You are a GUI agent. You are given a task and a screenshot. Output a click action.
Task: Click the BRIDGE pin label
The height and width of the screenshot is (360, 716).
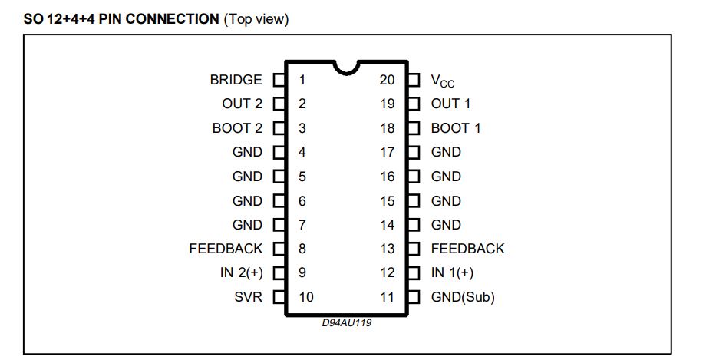pyautogui.click(x=236, y=80)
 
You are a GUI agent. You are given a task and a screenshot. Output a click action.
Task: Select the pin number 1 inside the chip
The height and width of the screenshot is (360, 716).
pyautogui.click(x=302, y=80)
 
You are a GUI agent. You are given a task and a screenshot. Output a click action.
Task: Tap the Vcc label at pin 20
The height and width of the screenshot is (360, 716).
pyautogui.click(x=443, y=81)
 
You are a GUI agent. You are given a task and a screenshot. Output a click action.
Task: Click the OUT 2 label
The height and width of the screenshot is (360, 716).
pyautogui.click(x=242, y=104)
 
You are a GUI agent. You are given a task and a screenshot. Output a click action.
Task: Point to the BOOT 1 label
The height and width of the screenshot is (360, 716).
pyautogui.click(x=456, y=128)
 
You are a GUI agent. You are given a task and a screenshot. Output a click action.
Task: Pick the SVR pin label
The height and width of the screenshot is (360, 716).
pyautogui.click(x=249, y=297)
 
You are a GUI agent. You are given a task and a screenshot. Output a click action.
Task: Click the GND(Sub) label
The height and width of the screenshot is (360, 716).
pyautogui.click(x=463, y=297)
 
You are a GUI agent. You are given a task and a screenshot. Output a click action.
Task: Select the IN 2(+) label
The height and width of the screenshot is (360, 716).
pyautogui.click(x=242, y=272)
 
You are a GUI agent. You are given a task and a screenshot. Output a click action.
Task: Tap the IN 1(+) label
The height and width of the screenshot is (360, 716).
pyautogui.click(x=452, y=272)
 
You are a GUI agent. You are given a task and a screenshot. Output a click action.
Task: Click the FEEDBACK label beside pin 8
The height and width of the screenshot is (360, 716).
pyautogui.click(x=226, y=249)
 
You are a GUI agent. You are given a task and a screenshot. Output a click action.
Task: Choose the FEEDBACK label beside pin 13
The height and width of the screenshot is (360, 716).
pyautogui.click(x=467, y=249)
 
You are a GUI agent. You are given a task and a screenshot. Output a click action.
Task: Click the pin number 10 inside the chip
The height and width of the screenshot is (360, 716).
pyautogui.click(x=306, y=297)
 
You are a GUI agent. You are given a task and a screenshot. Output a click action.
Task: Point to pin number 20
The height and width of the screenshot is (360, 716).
pyautogui.click(x=387, y=80)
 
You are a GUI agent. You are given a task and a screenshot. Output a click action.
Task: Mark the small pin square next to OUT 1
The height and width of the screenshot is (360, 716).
pyautogui.click(x=414, y=104)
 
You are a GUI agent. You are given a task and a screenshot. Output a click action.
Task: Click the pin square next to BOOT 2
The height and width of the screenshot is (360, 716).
pyautogui.click(x=279, y=128)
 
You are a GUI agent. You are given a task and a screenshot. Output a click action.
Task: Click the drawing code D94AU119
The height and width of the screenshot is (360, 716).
pyautogui.click(x=347, y=322)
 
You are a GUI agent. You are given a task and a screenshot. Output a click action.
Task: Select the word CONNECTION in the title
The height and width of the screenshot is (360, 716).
pyautogui.click(x=172, y=19)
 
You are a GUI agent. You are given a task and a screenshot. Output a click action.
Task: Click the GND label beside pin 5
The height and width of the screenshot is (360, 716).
pyautogui.click(x=248, y=177)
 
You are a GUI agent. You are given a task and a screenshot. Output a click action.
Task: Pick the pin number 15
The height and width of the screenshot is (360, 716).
pyautogui.click(x=388, y=201)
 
